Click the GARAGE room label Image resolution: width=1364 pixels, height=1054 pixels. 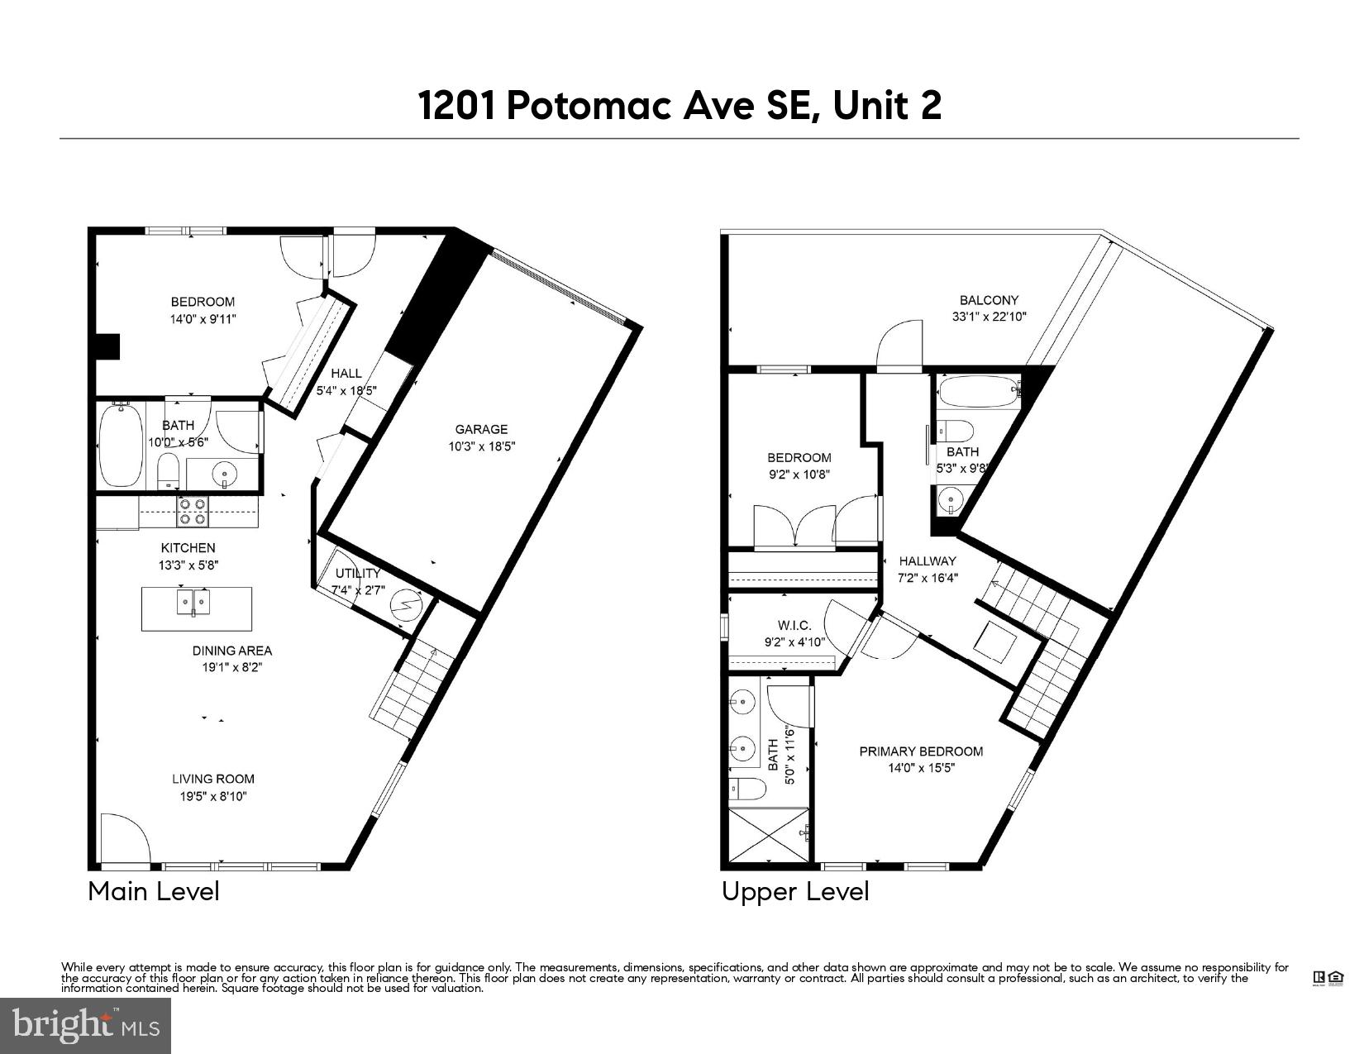pos(481,429)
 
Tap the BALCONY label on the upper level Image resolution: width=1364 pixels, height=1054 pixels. pos(989,300)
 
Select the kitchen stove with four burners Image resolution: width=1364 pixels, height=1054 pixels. pos(193,511)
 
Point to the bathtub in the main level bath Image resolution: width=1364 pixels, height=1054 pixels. pos(121,445)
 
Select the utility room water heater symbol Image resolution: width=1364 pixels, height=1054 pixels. pos(405,603)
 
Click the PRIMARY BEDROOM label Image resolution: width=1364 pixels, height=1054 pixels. pos(921,751)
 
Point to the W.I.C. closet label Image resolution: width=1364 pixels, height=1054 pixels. pos(794,626)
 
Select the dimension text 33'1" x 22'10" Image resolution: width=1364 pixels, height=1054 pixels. pos(989,316)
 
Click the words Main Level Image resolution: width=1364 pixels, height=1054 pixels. pos(154,891)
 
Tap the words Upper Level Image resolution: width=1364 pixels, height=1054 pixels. pos(795,891)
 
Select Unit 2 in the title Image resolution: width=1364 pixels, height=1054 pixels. pos(887,106)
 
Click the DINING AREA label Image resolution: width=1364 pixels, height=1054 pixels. pos(232,651)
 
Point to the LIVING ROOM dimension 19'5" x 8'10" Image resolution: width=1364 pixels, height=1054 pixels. pos(213,797)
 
